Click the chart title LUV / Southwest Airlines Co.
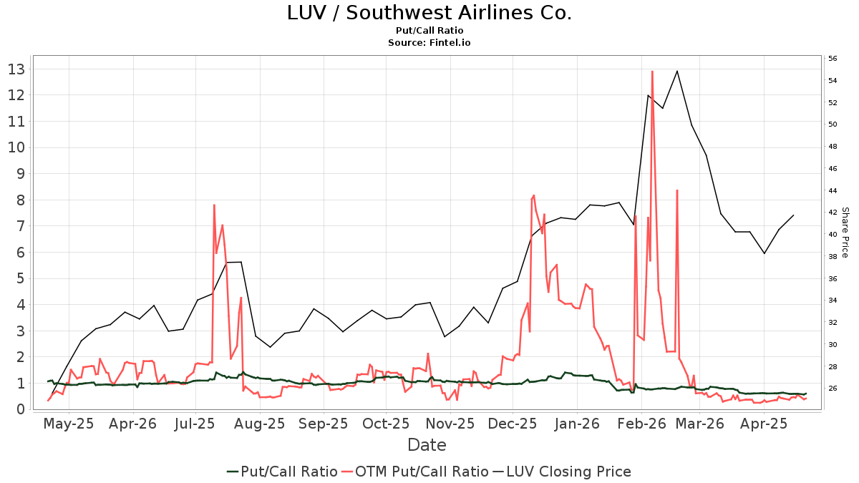[x=429, y=13]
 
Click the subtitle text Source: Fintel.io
[x=429, y=43]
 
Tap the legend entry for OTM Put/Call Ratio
[x=422, y=472]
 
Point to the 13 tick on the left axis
[x=16, y=69]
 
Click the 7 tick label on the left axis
[x=21, y=226]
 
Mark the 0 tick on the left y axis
[x=21, y=409]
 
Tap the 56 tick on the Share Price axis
[x=833, y=59]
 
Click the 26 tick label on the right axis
[x=833, y=389]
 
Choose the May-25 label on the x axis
[x=69, y=424]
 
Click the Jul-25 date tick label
[x=195, y=424]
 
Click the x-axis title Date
[x=427, y=445]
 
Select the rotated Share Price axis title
[x=845, y=233]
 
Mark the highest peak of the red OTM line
[x=652, y=72]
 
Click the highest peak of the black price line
[x=677, y=71]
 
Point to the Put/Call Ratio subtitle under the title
[x=429, y=31]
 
